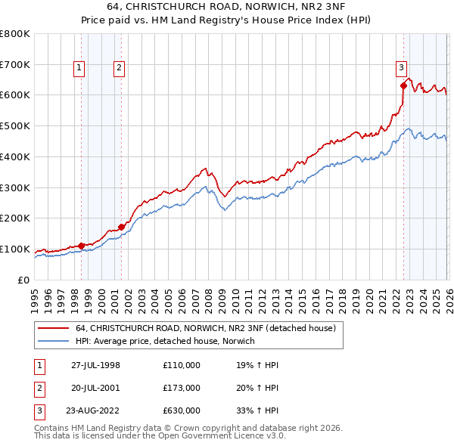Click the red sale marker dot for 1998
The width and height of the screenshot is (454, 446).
coord(82,246)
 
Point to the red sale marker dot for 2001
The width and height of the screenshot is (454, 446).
coord(121,226)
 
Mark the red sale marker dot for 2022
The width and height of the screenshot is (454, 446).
coord(403,85)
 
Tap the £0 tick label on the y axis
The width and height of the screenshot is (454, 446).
coord(23,280)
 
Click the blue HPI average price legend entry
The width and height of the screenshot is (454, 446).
coord(165,341)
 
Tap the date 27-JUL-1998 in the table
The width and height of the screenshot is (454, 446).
coord(95,365)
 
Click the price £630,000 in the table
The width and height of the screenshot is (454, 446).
coord(182,411)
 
